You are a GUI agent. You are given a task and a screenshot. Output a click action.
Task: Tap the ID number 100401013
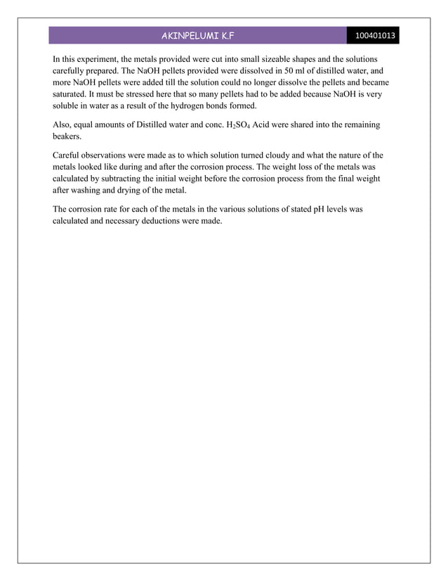(x=376, y=35)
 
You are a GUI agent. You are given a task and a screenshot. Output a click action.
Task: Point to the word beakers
(x=67, y=136)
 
